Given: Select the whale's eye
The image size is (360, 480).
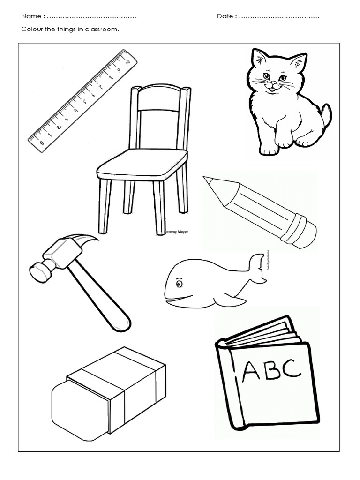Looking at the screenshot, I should pos(179,283).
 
